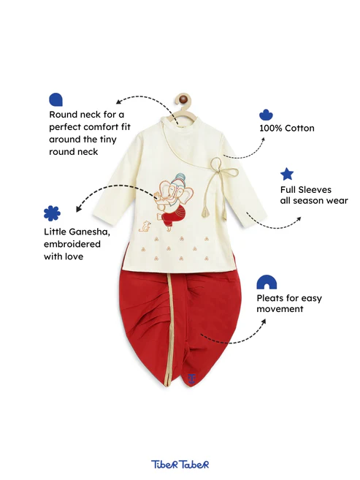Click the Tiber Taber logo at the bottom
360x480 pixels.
[x=180, y=464]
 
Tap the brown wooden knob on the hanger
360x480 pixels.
[x=183, y=99]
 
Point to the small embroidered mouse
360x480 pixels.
[x=145, y=226]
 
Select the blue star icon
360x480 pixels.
[x=286, y=174]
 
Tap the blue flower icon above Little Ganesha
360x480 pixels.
[x=52, y=213]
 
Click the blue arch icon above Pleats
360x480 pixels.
[x=267, y=282]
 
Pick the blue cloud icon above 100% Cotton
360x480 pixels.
[x=266, y=115]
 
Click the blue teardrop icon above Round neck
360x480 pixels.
[x=55, y=99]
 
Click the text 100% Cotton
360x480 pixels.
[x=286, y=128]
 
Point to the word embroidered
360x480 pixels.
[x=72, y=244]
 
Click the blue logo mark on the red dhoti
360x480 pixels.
[x=191, y=378]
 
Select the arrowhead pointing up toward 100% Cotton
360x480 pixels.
[x=263, y=140]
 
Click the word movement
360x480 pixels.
[x=280, y=309]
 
